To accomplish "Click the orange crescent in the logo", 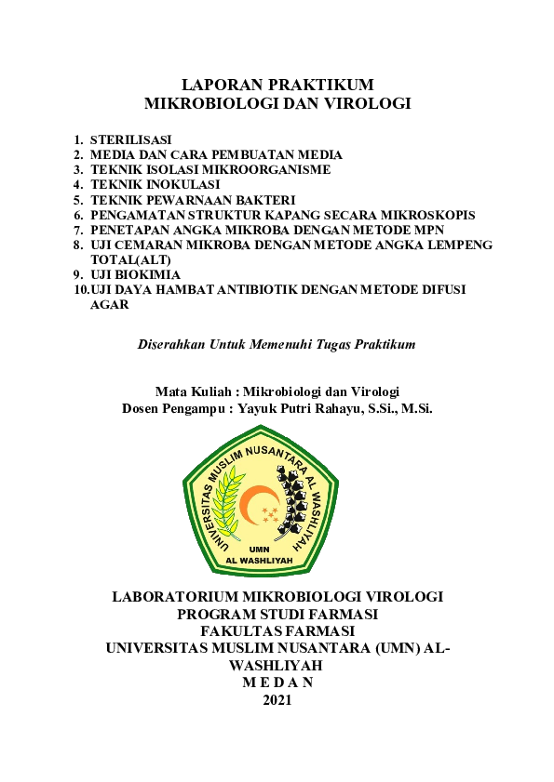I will [x=253, y=505].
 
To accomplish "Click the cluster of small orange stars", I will [x=270, y=512].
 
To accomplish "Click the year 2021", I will [x=277, y=699].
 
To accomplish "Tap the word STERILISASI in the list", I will [x=130, y=139].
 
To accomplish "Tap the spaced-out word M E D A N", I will [x=277, y=683].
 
